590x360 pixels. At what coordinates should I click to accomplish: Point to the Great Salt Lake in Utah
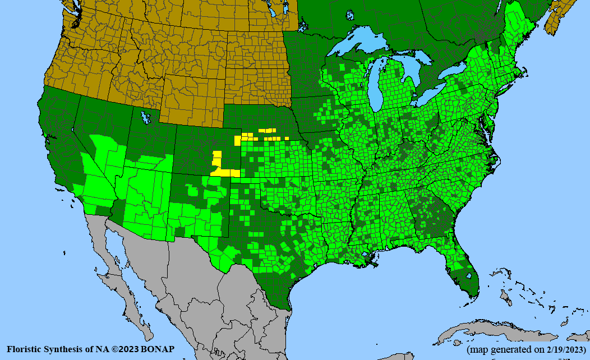pyautogui.click(x=147, y=118)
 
